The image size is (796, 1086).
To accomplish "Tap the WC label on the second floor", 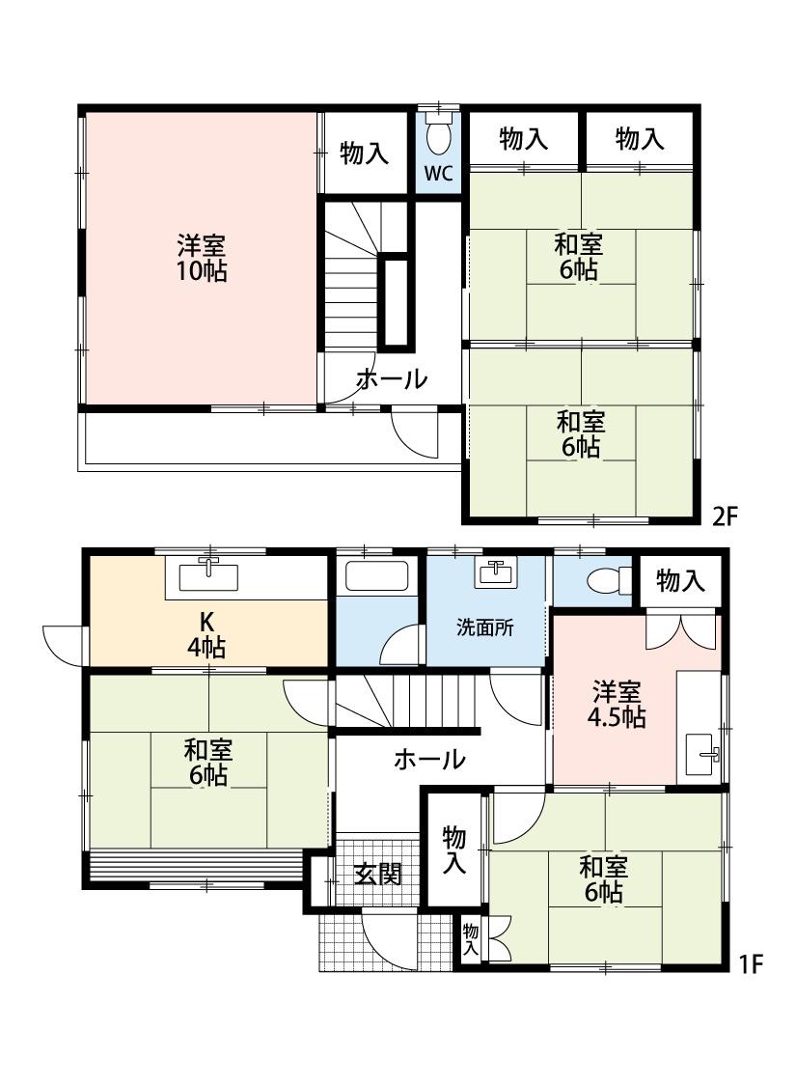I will (439, 175).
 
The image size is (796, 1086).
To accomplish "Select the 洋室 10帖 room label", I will (202, 258).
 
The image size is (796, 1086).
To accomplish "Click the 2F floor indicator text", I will (725, 516).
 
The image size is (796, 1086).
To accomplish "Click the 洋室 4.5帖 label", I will (618, 704).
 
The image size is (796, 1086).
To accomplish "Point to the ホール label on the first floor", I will (429, 760).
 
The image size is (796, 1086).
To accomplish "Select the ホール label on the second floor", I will (391, 379).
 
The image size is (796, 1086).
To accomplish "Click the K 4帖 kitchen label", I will (206, 634).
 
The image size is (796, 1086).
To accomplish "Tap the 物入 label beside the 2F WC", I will (365, 153).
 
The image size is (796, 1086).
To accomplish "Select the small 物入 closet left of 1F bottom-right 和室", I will (472, 938).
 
